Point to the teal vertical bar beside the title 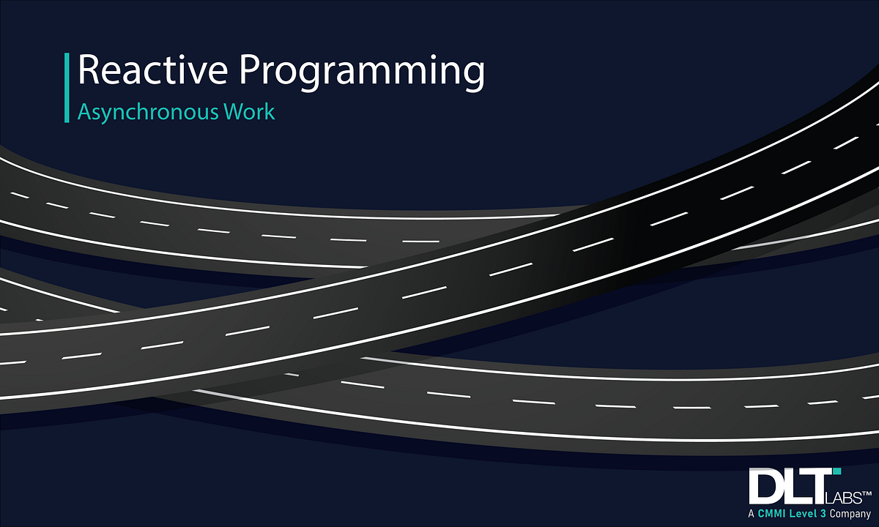[67, 87]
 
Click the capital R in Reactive [89, 71]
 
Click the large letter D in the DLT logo [765, 485]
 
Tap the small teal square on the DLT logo [837, 471]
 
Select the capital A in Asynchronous [84, 112]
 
